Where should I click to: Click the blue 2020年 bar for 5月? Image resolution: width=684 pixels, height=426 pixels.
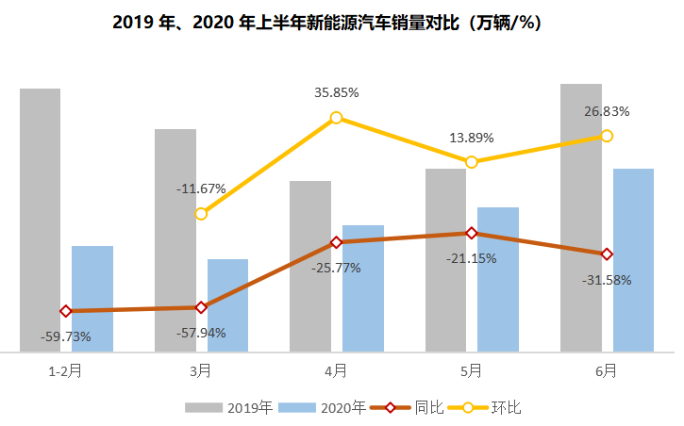click(498, 279)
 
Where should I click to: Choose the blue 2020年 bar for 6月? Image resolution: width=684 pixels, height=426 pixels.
click(633, 260)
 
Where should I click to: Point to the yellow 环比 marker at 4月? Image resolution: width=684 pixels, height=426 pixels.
click(336, 118)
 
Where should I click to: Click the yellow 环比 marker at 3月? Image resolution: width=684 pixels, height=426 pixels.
click(201, 214)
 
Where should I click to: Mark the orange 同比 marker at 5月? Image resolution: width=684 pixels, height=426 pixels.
click(471, 233)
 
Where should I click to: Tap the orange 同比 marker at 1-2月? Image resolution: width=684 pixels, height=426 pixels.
click(65, 311)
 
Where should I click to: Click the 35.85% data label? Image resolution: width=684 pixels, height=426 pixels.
click(337, 93)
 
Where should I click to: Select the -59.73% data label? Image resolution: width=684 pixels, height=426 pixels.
click(65, 336)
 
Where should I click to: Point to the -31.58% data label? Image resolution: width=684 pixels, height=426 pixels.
click(607, 280)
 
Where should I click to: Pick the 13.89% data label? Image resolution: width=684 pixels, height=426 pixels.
click(471, 138)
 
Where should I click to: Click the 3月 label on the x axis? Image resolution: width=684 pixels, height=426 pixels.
click(200, 371)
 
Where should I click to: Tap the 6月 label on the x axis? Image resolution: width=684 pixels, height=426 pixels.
click(606, 371)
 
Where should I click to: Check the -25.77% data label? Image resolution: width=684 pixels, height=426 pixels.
click(336, 268)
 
